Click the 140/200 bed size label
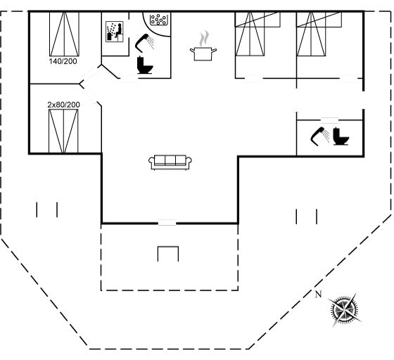63,61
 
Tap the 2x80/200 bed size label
64,105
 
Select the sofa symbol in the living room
170,162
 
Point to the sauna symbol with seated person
114,32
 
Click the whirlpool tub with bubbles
158,19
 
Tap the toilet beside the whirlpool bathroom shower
145,65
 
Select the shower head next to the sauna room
144,43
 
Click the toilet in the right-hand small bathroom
341,136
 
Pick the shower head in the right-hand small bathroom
320,136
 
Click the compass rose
345,309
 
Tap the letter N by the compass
318,294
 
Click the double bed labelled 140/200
64,34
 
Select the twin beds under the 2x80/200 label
63,131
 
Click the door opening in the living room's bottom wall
167,223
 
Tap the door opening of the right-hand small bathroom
329,120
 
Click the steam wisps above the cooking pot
204,38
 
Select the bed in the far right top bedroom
311,34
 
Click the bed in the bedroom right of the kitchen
250,34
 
